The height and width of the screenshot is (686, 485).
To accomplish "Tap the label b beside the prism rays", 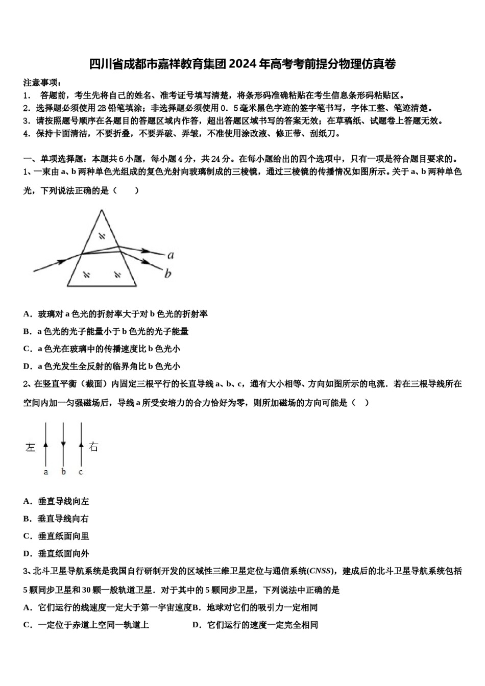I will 168,274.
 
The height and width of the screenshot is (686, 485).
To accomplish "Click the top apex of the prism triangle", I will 102,210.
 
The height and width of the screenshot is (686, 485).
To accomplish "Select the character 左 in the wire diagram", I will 31,447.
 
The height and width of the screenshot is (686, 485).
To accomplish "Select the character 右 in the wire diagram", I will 93,447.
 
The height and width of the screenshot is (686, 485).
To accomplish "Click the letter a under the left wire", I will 46,472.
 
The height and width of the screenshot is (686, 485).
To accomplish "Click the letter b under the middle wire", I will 63,472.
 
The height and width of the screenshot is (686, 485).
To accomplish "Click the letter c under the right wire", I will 81,472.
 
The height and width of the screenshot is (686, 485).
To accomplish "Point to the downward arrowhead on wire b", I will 63,443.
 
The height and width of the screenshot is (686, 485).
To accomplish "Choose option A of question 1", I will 115,314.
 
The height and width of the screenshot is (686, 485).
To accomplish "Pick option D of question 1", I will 102,366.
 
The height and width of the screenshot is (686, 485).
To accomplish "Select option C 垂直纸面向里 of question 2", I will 56,536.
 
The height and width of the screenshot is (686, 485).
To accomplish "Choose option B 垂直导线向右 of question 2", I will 56,519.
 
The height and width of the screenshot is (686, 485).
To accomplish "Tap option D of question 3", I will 255,625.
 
